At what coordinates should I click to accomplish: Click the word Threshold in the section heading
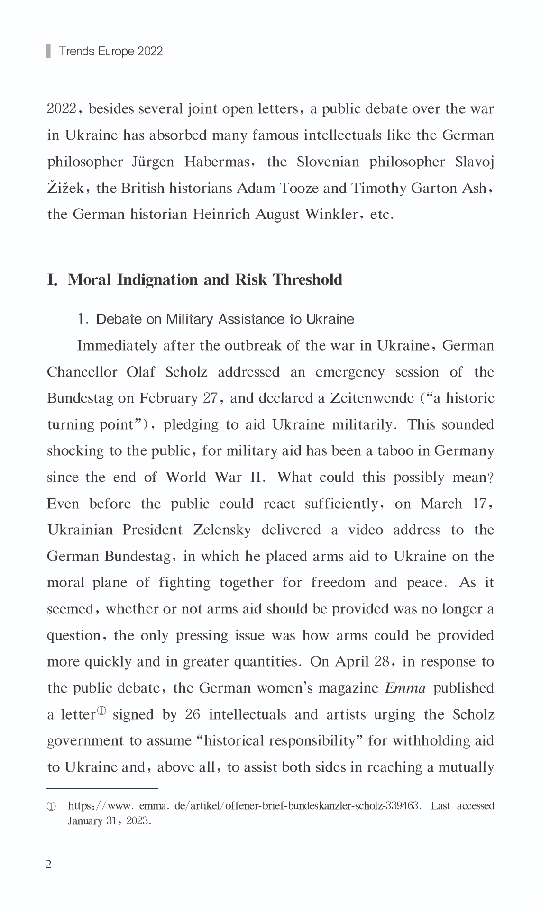pos(308,279)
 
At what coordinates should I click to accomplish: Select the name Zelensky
pos(222,530)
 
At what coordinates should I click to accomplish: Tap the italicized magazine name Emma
pos(405,688)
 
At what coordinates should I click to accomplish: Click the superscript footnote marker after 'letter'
pos(102,711)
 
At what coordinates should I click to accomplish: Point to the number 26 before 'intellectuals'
pos(193,714)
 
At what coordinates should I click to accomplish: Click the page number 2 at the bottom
pos(48,865)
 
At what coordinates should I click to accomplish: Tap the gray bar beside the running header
pos(48,51)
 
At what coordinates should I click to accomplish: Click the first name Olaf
pos(140,372)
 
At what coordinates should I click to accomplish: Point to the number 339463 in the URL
pos(402,806)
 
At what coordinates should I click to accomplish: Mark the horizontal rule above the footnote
pos(102,789)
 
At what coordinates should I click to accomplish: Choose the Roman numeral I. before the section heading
pos(52,279)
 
